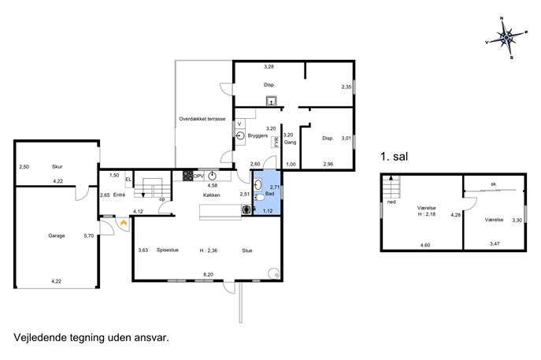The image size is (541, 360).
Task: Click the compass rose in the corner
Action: click(506, 37)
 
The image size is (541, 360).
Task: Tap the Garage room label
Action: click(57, 236)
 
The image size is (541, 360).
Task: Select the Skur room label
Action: click(57, 167)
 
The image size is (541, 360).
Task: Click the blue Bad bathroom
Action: click(268, 192)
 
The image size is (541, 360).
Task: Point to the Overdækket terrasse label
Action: click(202, 119)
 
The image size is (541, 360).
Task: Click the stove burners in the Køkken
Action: click(187, 176)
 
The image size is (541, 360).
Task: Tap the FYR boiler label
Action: click(276, 142)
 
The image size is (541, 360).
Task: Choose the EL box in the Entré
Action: click(128, 180)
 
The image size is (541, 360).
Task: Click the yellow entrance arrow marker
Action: click(123, 223)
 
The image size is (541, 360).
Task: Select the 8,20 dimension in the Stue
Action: click(209, 275)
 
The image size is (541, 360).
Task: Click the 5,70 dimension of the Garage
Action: click(89, 236)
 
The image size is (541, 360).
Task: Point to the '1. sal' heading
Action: click(394, 157)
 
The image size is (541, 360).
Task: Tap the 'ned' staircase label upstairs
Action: click(391, 202)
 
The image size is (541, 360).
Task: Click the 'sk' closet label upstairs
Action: click(494, 184)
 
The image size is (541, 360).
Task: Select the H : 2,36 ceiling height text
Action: click(209, 251)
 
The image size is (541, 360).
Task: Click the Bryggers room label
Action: click(258, 135)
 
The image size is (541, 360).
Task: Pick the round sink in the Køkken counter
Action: click(212, 176)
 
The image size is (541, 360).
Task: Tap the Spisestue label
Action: click(167, 250)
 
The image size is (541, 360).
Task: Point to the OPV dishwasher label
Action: click(198, 176)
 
